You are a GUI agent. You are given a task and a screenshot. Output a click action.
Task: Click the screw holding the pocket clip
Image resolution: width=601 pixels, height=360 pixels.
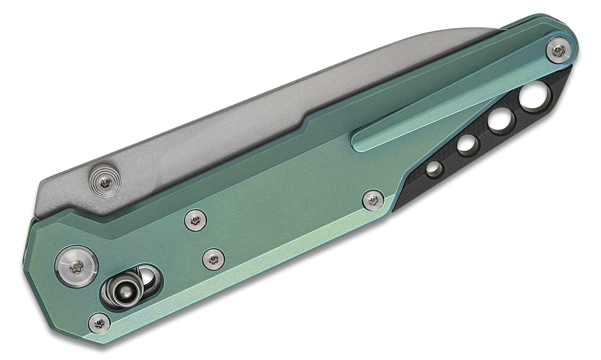(559, 49)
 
